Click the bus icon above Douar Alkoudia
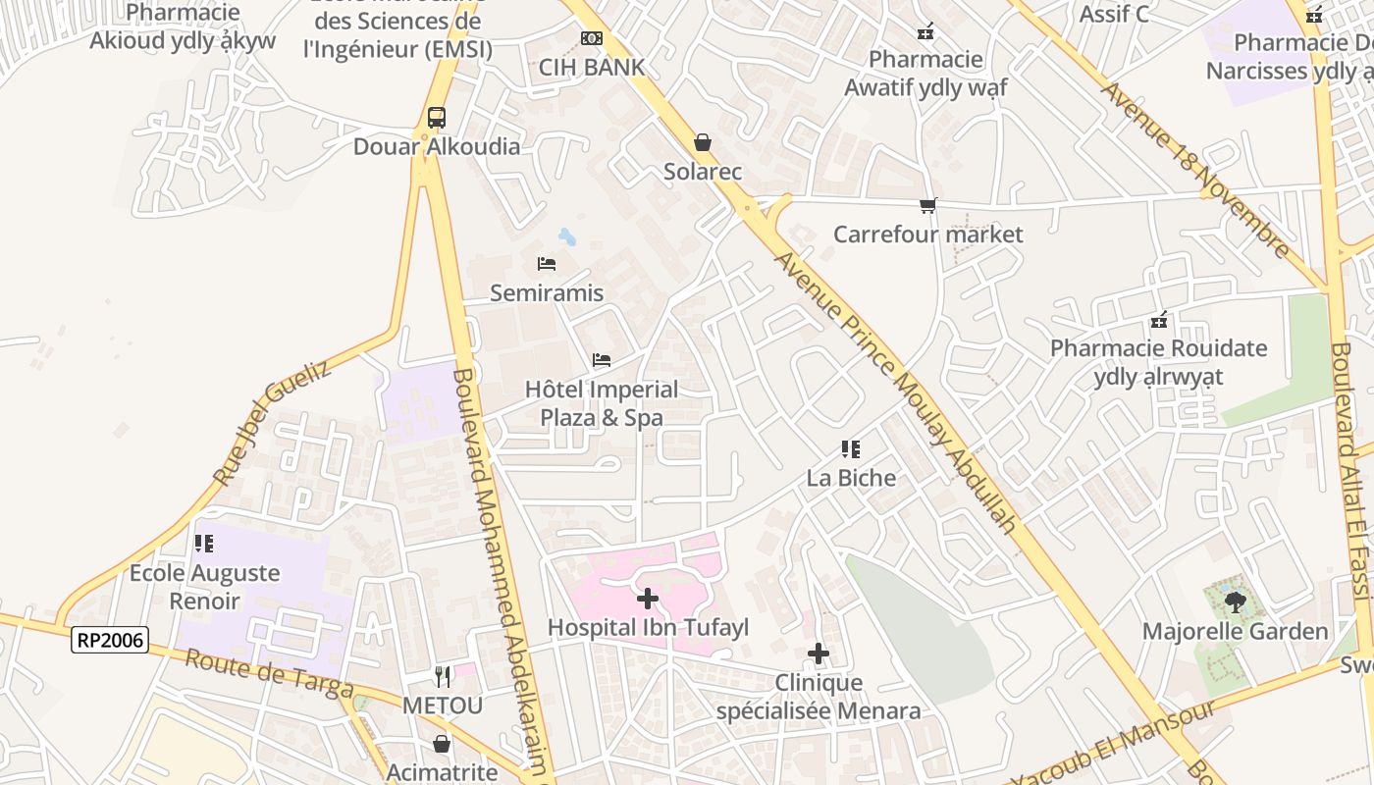pos(437,118)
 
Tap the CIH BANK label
pos(592,67)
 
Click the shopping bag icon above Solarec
pos(703,142)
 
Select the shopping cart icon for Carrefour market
pos(927,205)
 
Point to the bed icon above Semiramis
pos(547,263)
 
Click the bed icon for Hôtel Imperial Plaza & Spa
pos(602,360)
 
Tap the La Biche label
pos(851,478)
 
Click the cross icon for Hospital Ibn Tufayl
pos(648,598)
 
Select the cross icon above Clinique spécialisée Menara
pos(819,654)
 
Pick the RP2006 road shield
pos(110,641)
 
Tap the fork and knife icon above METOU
pos(443,676)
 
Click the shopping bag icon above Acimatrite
pos(442,744)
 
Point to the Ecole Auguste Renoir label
pos(205,586)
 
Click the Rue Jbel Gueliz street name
pos(273,422)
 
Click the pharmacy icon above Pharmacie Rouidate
pos(1159,320)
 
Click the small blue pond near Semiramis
pos(567,236)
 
